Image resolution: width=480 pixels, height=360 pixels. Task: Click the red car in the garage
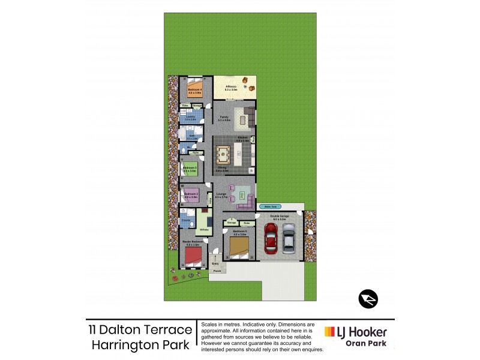(271, 239)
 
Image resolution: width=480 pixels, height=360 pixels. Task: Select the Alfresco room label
(231, 88)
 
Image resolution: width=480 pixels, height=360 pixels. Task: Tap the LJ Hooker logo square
(330, 332)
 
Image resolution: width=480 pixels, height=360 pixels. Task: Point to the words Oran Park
(367, 344)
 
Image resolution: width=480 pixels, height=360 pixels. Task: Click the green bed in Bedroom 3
(191, 170)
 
